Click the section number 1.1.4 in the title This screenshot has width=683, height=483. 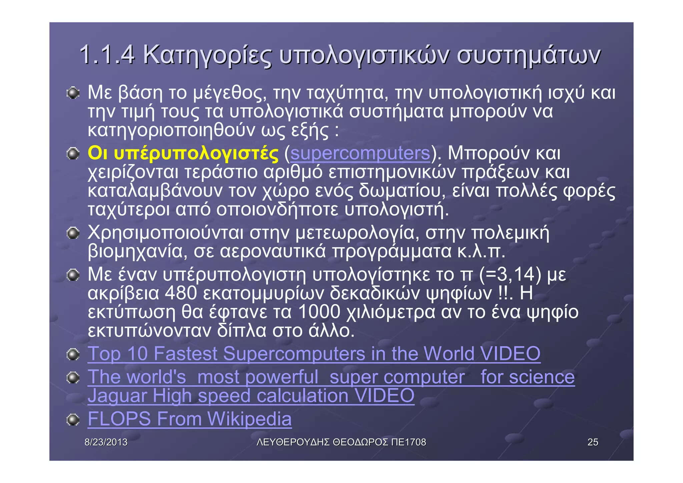click(x=107, y=55)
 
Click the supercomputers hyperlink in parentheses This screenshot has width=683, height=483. click(x=360, y=153)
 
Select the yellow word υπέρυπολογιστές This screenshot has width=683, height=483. click(x=196, y=154)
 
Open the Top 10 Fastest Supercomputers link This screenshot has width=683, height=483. click(x=313, y=354)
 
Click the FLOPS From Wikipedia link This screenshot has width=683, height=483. click(x=189, y=419)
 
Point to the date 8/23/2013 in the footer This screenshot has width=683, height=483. click(x=106, y=442)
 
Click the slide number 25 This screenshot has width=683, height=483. click(x=593, y=442)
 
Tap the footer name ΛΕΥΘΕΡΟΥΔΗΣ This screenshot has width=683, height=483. click(x=293, y=442)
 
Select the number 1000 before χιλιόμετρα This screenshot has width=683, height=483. click(x=319, y=312)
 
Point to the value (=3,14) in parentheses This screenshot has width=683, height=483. click(x=510, y=275)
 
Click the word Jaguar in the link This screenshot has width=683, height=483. click(x=117, y=396)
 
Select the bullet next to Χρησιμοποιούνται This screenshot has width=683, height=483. click(x=72, y=233)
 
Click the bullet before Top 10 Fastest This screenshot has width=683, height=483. click(x=72, y=354)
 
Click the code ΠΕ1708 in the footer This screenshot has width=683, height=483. click(x=409, y=442)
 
